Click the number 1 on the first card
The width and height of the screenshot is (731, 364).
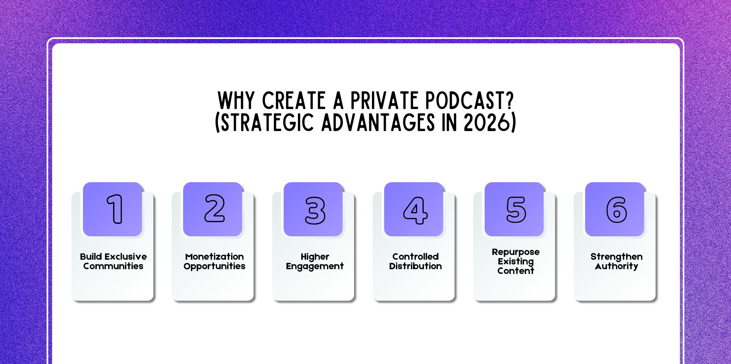(115, 209)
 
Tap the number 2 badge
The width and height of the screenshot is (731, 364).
(215, 209)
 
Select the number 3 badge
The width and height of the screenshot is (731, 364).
(315, 210)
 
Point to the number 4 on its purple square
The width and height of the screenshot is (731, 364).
(415, 210)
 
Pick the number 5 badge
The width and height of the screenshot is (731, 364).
(516, 210)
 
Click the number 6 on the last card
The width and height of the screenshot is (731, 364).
(616, 210)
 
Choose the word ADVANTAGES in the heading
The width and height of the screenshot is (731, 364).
(378, 123)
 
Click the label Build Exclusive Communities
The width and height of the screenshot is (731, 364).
(113, 261)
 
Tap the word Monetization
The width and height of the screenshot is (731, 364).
(215, 257)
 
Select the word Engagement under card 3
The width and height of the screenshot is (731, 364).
(315, 266)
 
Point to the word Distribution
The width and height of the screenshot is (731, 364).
(415, 266)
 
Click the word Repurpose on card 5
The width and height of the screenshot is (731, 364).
(516, 252)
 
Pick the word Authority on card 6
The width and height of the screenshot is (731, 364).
(616, 266)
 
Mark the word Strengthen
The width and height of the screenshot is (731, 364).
(616, 257)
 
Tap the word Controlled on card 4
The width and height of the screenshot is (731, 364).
(415, 257)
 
